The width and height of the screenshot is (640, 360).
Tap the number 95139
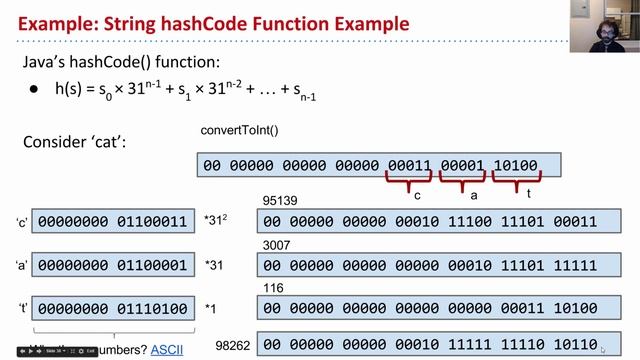(x=278, y=202)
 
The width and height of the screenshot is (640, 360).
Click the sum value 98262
(x=231, y=344)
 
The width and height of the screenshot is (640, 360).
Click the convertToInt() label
(x=240, y=131)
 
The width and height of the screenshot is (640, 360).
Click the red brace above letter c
(x=407, y=183)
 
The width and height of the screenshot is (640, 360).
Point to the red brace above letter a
(x=461, y=183)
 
